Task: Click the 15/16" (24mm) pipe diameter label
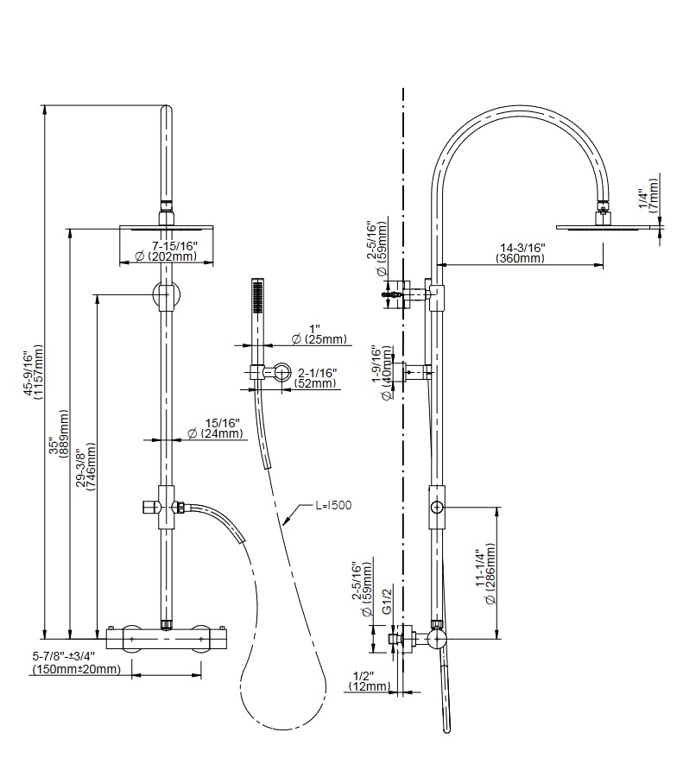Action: [x=218, y=428]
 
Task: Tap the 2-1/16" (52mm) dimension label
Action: [x=315, y=377]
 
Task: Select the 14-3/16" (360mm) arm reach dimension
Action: [x=521, y=253]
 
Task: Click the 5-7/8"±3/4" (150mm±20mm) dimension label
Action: [x=76, y=663]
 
